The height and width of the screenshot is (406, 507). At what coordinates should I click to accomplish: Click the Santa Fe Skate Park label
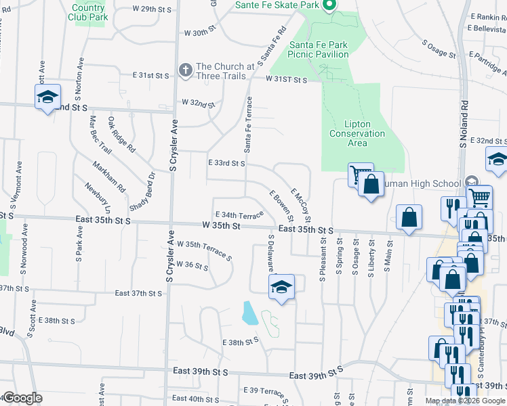click(277, 5)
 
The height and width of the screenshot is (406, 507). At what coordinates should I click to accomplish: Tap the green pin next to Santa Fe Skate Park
click(329, 5)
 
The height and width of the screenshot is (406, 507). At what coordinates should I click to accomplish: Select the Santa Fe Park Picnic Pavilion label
click(319, 49)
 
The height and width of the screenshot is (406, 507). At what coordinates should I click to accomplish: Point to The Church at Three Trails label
click(225, 71)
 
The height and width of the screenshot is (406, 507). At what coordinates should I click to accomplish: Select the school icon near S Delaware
click(281, 287)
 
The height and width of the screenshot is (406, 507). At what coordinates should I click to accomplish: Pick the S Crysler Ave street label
click(174, 145)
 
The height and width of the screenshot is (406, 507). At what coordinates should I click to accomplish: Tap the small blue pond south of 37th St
click(249, 313)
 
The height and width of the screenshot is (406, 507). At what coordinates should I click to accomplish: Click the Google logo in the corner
click(22, 398)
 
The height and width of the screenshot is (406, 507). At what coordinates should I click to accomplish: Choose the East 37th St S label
click(138, 293)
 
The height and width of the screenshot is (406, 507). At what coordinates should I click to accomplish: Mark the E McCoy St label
click(300, 204)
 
